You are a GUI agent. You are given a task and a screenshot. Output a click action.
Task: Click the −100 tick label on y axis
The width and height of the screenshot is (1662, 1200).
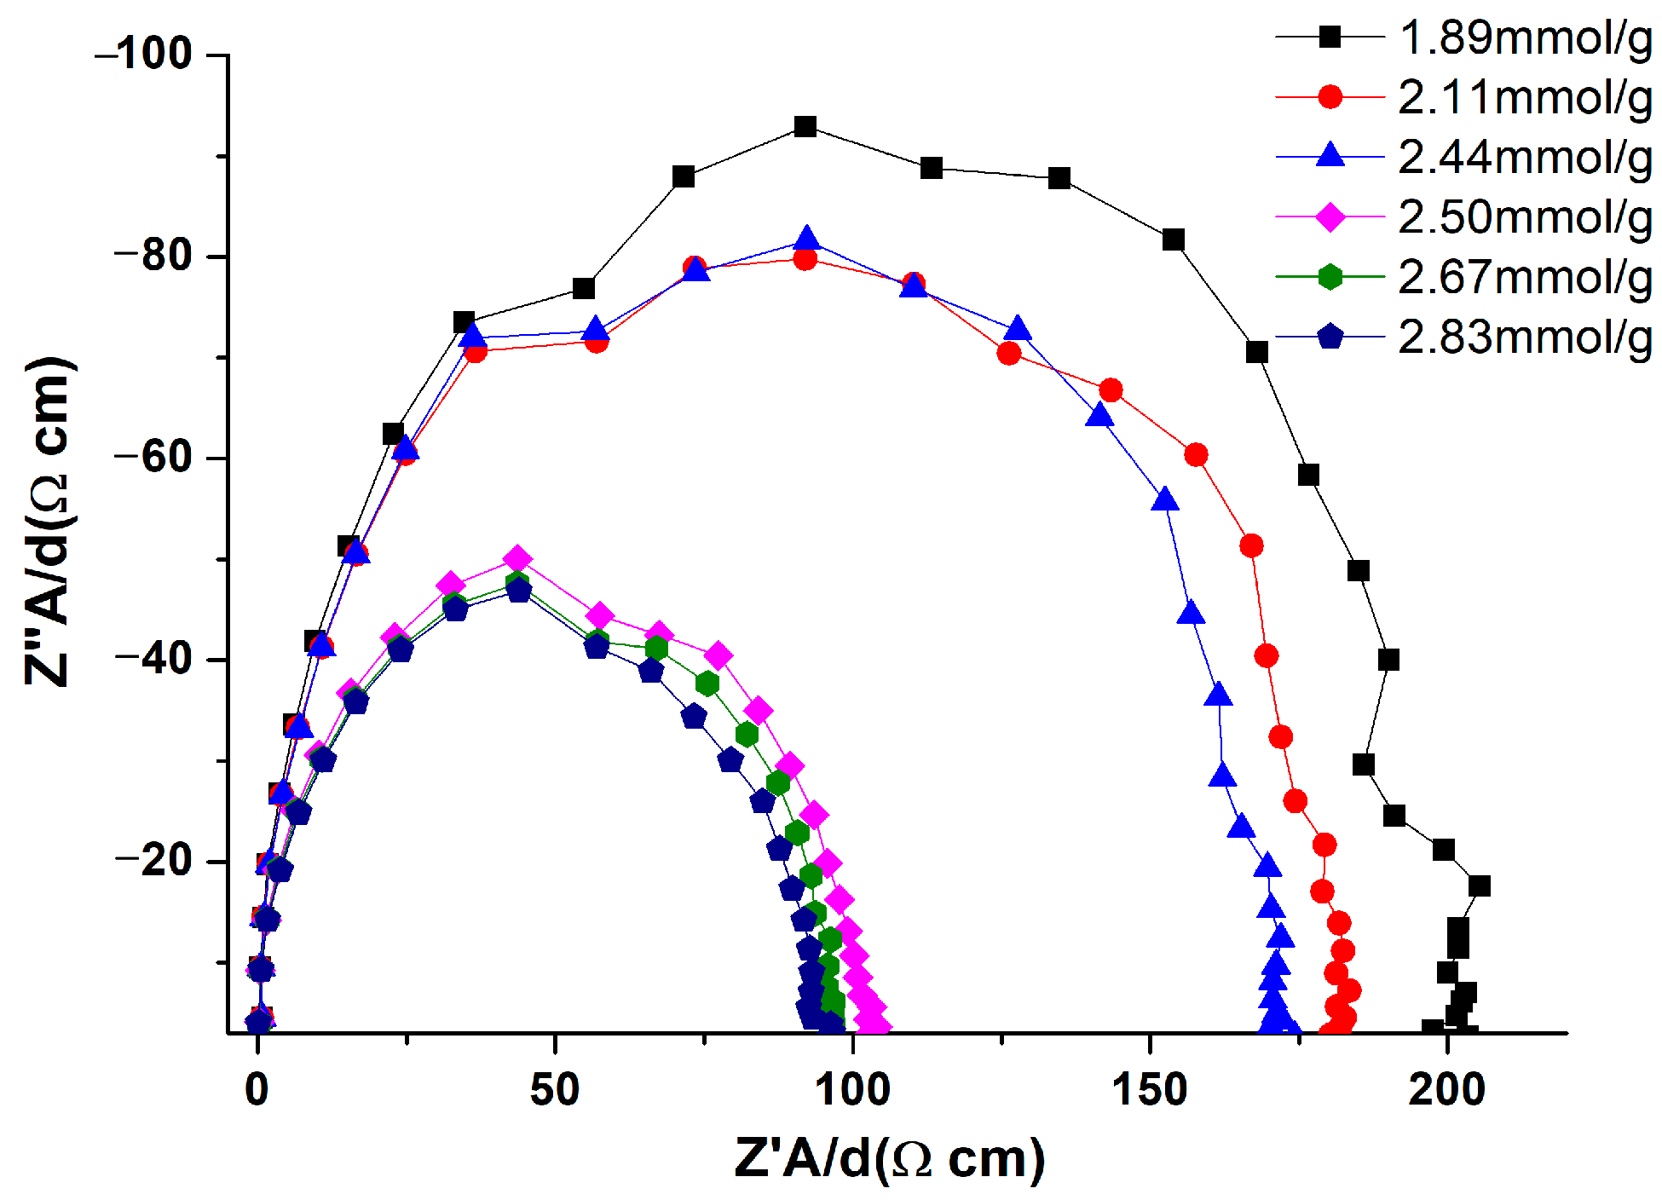coord(145,55)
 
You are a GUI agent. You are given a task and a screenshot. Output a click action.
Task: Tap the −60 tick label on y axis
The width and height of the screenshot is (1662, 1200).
coord(153,458)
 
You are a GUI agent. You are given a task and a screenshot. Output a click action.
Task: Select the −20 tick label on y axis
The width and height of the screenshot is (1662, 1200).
coord(153,861)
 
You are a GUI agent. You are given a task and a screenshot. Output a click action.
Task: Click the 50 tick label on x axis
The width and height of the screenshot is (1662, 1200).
coord(555,1090)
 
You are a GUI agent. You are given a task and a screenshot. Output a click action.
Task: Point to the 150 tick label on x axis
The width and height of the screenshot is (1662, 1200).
coord(1150,1090)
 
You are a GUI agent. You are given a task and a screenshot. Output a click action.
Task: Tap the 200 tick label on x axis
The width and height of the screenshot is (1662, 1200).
coord(1446,1090)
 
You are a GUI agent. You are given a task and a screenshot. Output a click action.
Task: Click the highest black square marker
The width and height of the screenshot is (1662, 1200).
coord(805,127)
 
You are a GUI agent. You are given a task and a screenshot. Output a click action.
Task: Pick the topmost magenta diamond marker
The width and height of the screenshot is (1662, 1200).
coord(517,559)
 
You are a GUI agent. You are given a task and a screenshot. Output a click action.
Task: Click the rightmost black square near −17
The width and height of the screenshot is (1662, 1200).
coord(1479,886)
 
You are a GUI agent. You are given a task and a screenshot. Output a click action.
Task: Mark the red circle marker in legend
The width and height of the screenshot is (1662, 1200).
coord(1330,97)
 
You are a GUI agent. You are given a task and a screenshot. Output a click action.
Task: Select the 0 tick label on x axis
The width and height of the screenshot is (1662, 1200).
coord(257,1090)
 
